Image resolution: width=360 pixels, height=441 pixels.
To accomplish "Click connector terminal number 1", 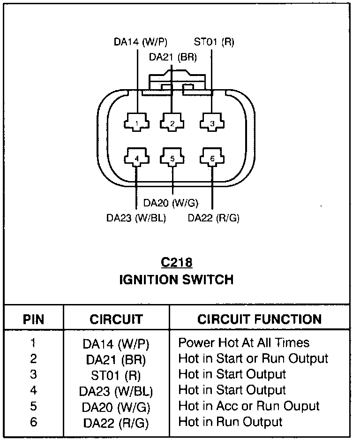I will click(136, 123).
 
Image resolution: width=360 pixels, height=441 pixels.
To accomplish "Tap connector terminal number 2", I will click(172, 123).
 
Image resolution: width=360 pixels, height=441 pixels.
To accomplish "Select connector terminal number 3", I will click(212, 123).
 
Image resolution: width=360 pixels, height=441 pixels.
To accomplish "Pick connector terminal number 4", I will click(136, 159).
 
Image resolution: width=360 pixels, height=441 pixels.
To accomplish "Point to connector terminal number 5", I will click(172, 159).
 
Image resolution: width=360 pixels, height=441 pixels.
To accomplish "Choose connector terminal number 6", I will click(212, 159).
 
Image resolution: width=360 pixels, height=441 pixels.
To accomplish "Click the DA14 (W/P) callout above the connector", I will click(140, 42).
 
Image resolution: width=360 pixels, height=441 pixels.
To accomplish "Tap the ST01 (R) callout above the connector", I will click(214, 42).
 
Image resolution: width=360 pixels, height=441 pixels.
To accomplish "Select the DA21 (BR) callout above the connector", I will click(173, 57).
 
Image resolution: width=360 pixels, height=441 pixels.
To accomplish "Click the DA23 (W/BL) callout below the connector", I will click(136, 218).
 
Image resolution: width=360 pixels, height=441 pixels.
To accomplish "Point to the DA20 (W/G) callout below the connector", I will click(171, 203).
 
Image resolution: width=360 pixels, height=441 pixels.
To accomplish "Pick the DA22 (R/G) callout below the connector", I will click(213, 218).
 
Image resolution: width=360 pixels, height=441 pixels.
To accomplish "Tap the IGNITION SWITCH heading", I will click(176, 280).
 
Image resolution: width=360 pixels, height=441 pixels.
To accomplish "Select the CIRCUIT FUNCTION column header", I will click(259, 319).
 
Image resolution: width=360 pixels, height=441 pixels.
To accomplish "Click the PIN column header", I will click(33, 320).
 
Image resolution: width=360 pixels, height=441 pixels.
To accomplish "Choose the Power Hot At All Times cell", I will click(244, 342).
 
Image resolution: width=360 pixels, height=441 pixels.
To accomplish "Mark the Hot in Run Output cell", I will click(230, 422).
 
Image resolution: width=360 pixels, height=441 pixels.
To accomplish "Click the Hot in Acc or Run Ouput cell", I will click(249, 406).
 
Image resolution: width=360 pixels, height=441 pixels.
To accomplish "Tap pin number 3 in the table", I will click(33, 374).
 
